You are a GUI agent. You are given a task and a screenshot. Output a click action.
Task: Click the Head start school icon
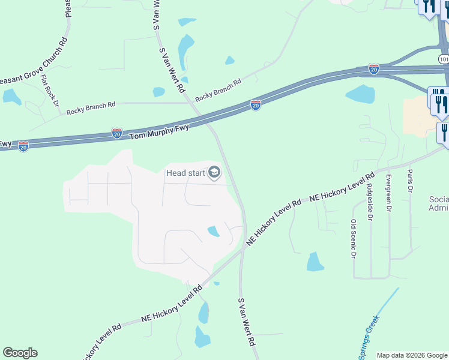[213, 173]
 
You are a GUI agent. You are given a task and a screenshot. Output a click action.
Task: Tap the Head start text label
[185, 173]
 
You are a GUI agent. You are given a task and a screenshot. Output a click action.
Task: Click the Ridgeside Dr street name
[369, 200]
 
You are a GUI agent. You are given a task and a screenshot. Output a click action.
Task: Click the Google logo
[20, 353]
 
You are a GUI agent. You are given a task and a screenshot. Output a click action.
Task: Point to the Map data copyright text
[412, 355]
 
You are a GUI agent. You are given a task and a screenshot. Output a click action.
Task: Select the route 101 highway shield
[444, 59]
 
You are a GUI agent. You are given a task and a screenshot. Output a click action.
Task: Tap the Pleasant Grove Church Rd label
[36, 67]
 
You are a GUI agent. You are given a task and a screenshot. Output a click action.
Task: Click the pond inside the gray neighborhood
[213, 231]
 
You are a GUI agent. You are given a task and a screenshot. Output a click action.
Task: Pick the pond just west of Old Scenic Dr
[315, 262]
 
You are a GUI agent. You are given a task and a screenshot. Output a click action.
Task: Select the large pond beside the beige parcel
[361, 93]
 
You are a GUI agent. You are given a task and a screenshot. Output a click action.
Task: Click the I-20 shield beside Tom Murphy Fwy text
[117, 133]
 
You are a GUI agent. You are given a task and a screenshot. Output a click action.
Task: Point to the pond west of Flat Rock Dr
[11, 96]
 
